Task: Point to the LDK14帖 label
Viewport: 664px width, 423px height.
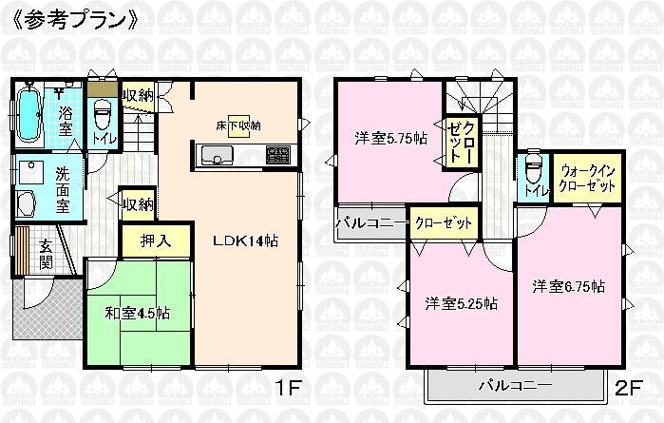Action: tap(245, 240)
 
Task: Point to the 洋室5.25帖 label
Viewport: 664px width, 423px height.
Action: tap(463, 304)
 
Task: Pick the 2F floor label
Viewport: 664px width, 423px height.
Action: tap(627, 389)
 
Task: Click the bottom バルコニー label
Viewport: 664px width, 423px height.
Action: tap(514, 387)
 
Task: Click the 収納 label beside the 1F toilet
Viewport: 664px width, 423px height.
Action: tap(139, 94)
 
